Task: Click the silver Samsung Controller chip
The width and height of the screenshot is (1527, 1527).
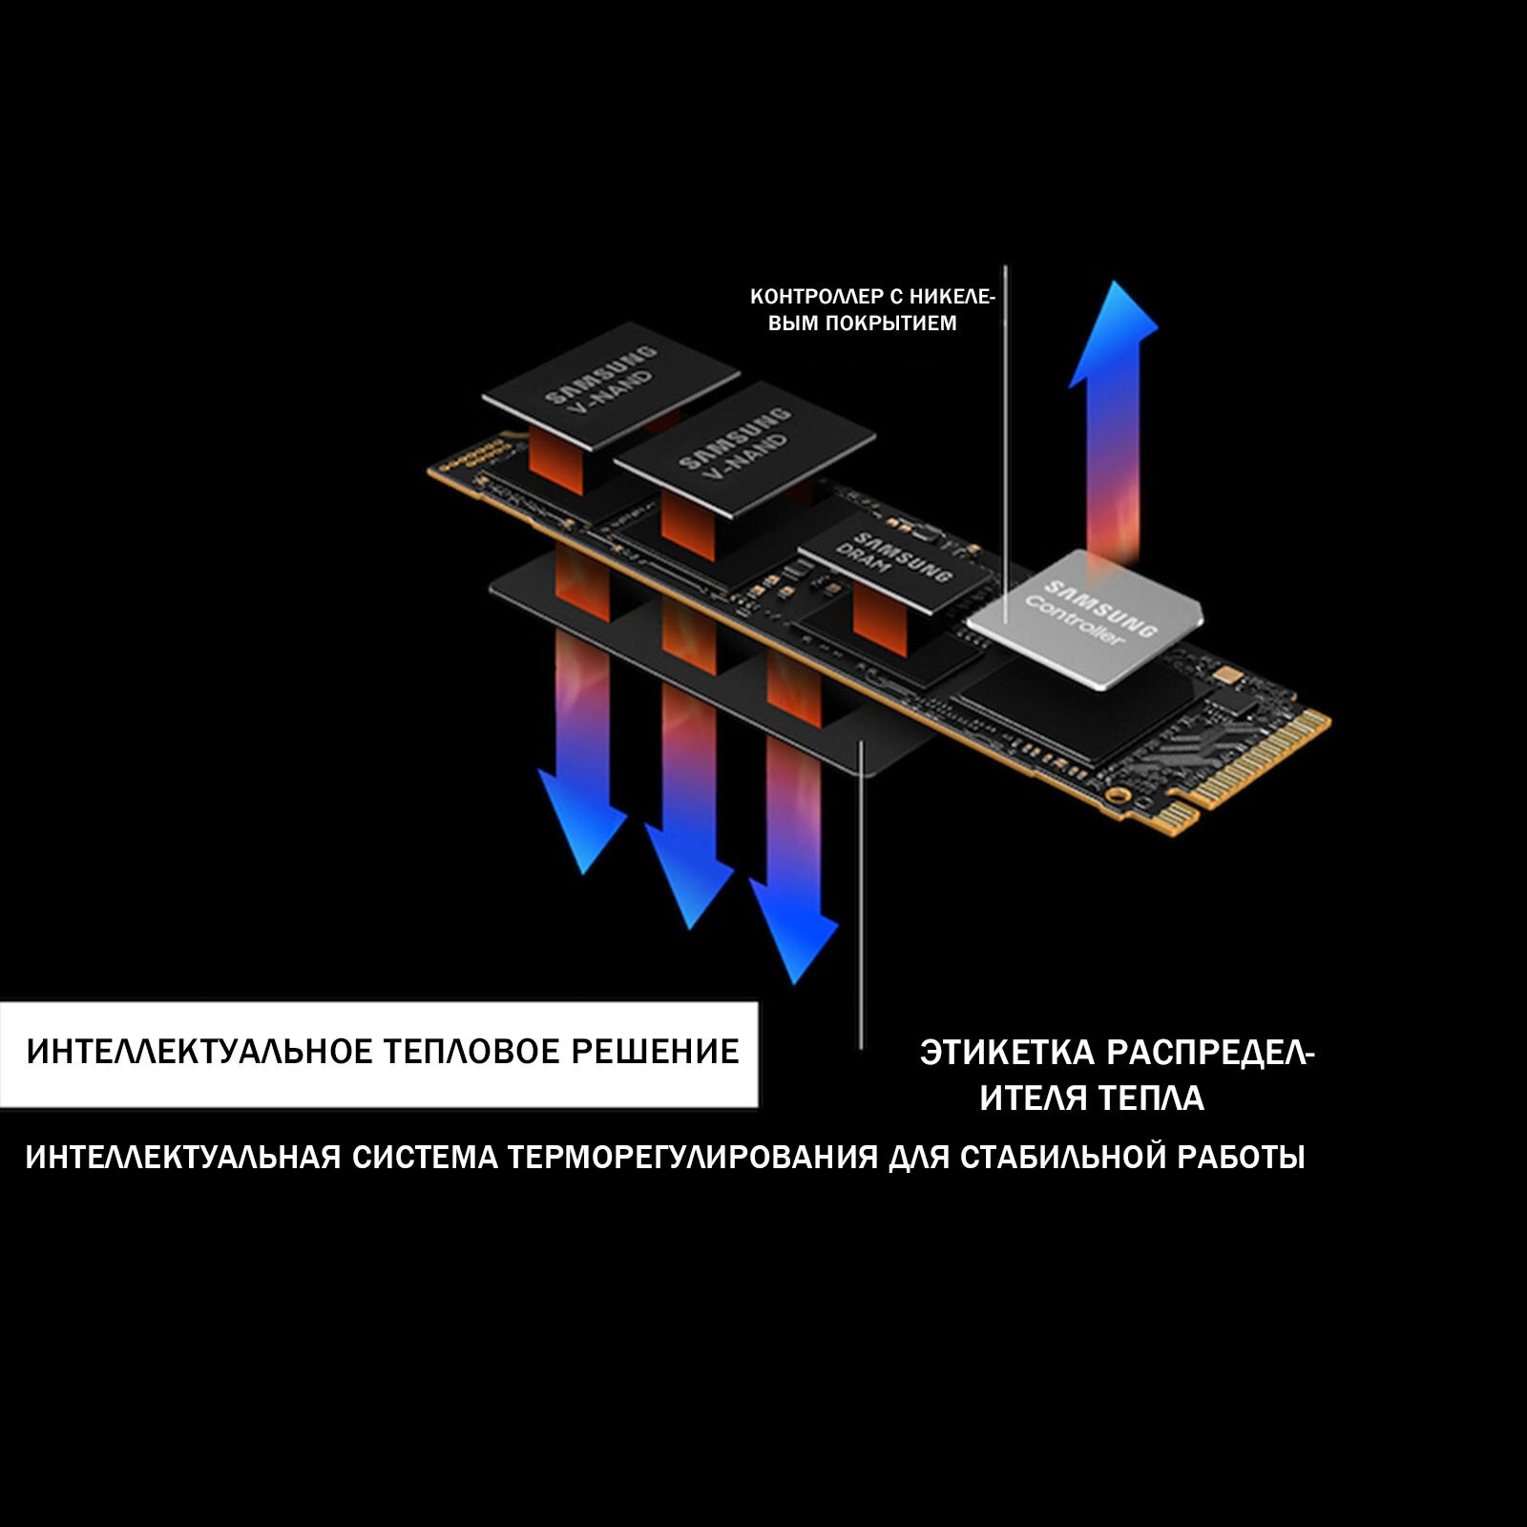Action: [1086, 618]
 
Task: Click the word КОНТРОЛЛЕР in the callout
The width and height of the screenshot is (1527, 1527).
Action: [817, 297]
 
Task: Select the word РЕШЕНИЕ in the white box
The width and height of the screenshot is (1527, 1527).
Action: [655, 1052]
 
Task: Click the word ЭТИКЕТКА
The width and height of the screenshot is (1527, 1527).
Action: [1007, 1054]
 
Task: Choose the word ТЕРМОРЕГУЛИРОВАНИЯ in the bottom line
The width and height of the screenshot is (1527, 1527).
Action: [693, 1158]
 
